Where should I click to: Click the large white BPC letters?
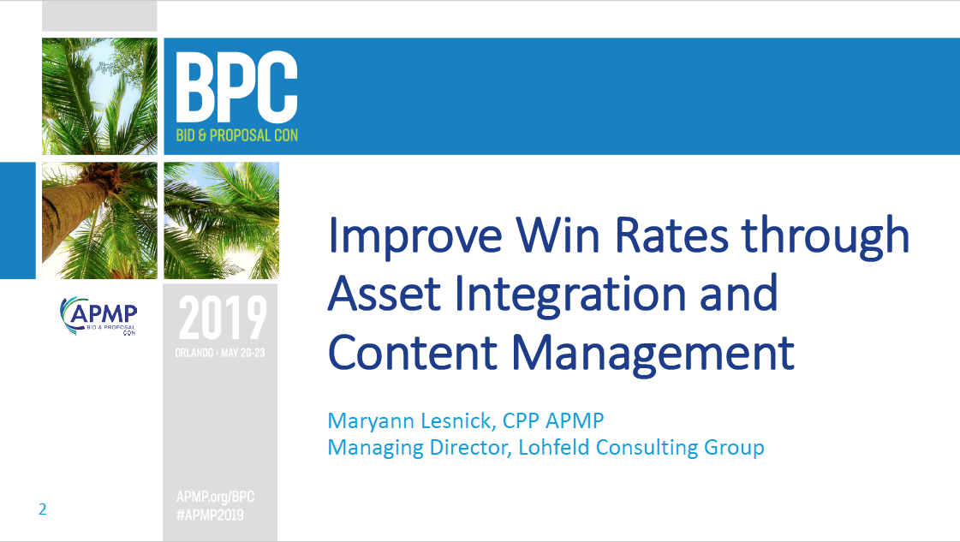(x=236, y=87)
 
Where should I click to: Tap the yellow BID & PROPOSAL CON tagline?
(x=237, y=135)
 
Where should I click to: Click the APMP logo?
(x=98, y=316)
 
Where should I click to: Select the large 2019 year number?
(x=223, y=318)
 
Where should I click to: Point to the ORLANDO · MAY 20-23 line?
(x=220, y=353)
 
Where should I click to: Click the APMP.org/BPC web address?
(x=215, y=497)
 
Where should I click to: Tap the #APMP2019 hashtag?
(x=210, y=515)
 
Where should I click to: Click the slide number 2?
(x=42, y=509)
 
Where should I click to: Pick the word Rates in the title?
(x=671, y=235)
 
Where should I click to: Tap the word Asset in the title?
(x=385, y=294)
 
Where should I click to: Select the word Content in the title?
(x=413, y=352)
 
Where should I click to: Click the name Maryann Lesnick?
(x=409, y=421)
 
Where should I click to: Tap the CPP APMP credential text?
(x=553, y=420)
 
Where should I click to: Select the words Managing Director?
(x=419, y=448)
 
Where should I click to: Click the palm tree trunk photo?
(x=99, y=220)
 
